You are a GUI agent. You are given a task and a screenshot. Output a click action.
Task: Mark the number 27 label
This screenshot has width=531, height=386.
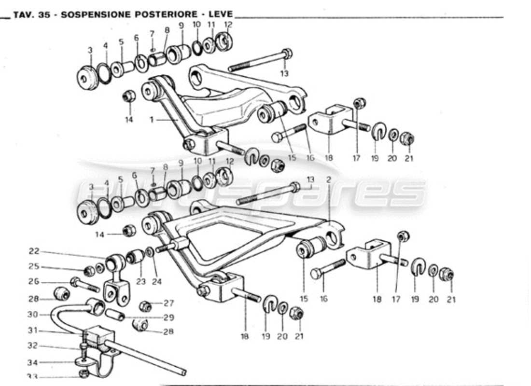pyautogui.click(x=168, y=303)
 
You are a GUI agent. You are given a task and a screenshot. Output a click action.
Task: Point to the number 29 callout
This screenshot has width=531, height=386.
pyautogui.click(x=168, y=317)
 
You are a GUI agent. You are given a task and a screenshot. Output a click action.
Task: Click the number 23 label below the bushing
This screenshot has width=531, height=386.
pyautogui.click(x=140, y=282)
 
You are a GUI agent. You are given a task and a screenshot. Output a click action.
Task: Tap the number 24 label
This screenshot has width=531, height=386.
pyautogui.click(x=157, y=282)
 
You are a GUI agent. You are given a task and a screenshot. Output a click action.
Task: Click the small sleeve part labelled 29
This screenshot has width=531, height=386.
pyautogui.click(x=115, y=314)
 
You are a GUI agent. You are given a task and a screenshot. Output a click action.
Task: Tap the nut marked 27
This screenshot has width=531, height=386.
pyautogui.click(x=145, y=306)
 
